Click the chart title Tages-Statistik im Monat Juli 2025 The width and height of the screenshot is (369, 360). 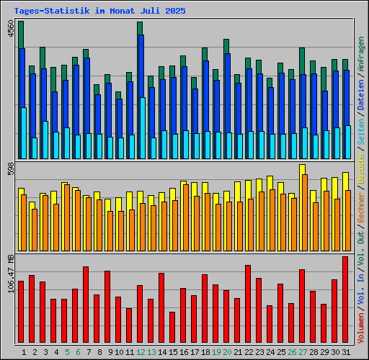(x=99, y=12)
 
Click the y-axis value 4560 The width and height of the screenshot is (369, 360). (x=10, y=31)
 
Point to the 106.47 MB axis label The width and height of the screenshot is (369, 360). (x=10, y=273)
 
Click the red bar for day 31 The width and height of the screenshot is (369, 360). (x=345, y=299)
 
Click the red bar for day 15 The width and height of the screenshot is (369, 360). (x=172, y=328)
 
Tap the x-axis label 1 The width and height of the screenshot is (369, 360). (x=25, y=352)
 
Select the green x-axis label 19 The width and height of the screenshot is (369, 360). (x=216, y=352)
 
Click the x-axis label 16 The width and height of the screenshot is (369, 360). (x=184, y=352)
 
